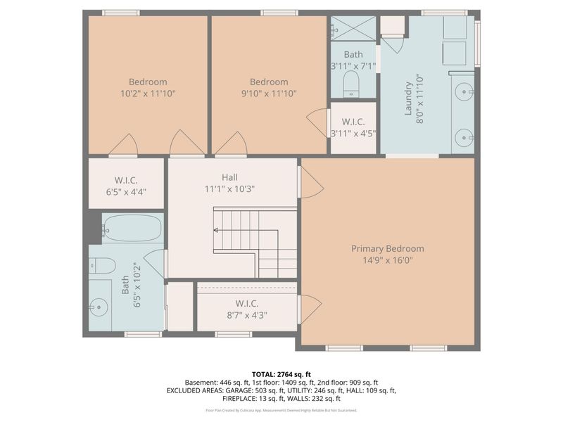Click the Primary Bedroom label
click(x=388, y=248)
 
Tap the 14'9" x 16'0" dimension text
click(x=388, y=260)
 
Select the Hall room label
click(x=229, y=177)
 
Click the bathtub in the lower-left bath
click(x=132, y=228)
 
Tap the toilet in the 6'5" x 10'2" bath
click(x=103, y=265)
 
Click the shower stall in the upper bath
click(x=353, y=28)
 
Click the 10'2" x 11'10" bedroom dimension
click(x=148, y=93)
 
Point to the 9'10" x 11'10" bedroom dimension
click(x=269, y=93)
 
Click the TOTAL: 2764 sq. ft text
click(x=281, y=373)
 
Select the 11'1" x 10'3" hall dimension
click(x=229, y=188)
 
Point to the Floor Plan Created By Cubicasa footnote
click(x=281, y=410)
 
